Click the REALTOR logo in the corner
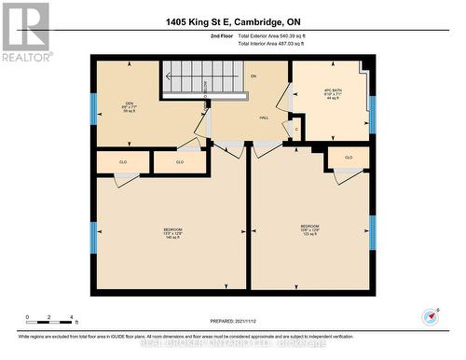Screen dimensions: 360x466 tap(25, 32)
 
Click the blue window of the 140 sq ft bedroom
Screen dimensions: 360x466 tap(93, 235)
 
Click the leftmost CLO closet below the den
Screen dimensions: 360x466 tap(123, 162)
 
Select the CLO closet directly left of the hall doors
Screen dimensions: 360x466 tap(180, 162)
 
